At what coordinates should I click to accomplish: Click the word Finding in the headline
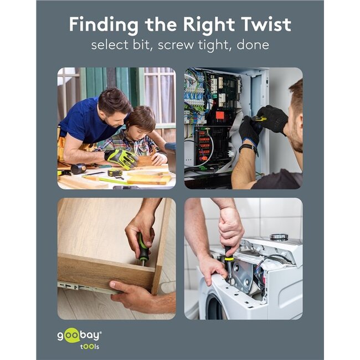click(104, 24)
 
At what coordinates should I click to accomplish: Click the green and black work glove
click(121, 158)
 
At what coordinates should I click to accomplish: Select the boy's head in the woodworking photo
click(141, 122)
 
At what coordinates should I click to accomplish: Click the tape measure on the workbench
click(115, 173)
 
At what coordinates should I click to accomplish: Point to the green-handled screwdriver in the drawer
click(143, 249)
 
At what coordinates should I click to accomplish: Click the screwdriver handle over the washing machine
click(228, 254)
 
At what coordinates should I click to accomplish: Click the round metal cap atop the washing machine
click(279, 236)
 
